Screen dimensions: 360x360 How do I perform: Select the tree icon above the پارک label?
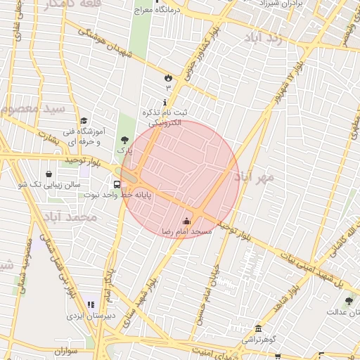(x=125, y=140)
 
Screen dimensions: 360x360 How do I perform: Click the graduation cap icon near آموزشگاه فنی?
(x=84, y=121)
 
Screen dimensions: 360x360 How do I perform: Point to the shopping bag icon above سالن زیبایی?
(x=49, y=174)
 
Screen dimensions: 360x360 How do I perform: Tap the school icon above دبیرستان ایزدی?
(x=90, y=304)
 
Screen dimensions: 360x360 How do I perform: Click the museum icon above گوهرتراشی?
(x=259, y=329)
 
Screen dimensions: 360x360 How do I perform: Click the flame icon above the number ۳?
(x=168, y=77)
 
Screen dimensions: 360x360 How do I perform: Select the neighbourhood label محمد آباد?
(x=69, y=217)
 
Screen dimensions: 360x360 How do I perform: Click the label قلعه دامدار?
(x=62, y=4)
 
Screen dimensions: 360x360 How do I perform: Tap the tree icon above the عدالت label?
(x=349, y=301)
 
